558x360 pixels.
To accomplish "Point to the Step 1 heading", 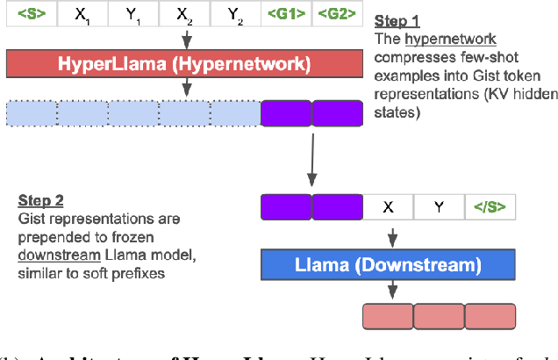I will tap(397, 18).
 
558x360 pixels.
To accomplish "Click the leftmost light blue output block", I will tap(32, 113).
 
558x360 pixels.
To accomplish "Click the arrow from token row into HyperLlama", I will tap(185, 40).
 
